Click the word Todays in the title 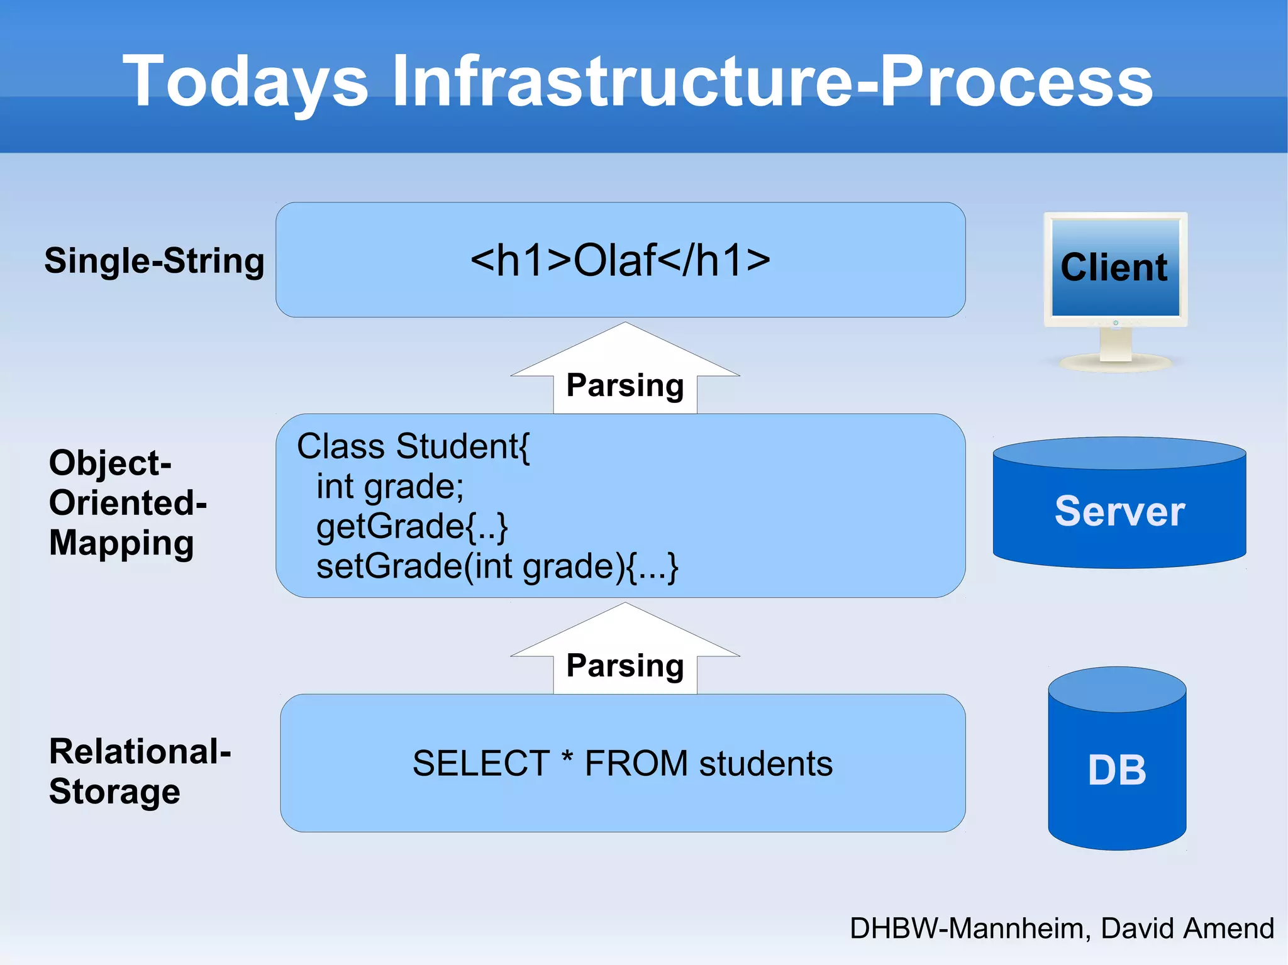tap(245, 82)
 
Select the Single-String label tap(154, 260)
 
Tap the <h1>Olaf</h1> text tap(620, 260)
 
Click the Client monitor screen tap(1115, 267)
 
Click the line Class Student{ tap(413, 446)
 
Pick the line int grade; tap(390, 487)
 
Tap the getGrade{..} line tap(412, 526)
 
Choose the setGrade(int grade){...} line tap(497, 566)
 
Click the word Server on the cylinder tap(1119, 511)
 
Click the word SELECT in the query tap(481, 763)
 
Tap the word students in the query tap(765, 763)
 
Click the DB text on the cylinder tap(1117, 770)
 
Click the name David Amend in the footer tap(1187, 928)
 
